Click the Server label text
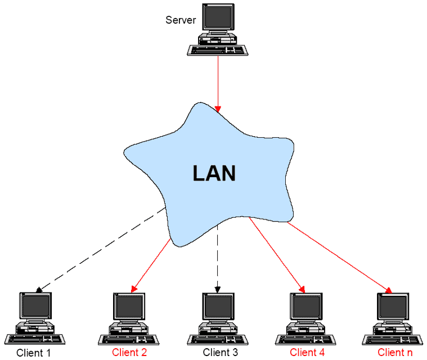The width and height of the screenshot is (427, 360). point(181,20)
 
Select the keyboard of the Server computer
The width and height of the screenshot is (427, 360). point(218,50)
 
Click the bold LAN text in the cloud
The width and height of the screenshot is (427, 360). point(214,173)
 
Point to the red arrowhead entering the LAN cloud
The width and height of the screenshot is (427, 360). point(218,108)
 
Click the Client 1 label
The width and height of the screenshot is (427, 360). point(34,353)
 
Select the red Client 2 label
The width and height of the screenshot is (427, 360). point(129,353)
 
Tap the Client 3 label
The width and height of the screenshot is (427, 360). point(221,353)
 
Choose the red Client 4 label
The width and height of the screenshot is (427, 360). point(307,353)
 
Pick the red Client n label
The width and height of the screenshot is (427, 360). point(395,353)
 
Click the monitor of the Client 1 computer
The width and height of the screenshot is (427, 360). point(35,306)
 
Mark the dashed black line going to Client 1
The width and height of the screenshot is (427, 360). point(101,250)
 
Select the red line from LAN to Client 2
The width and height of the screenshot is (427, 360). point(151,264)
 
